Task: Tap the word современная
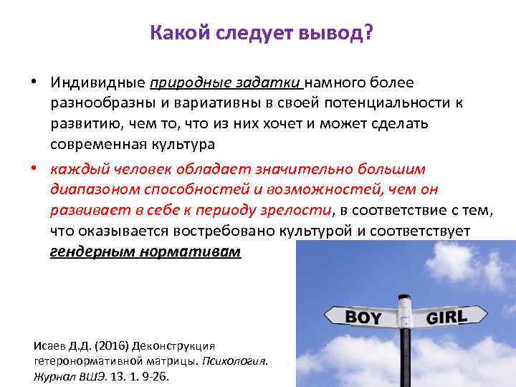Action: click(97, 143)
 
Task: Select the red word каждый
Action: click(74, 169)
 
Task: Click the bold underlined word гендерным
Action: click(92, 252)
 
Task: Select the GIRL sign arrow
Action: click(447, 316)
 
